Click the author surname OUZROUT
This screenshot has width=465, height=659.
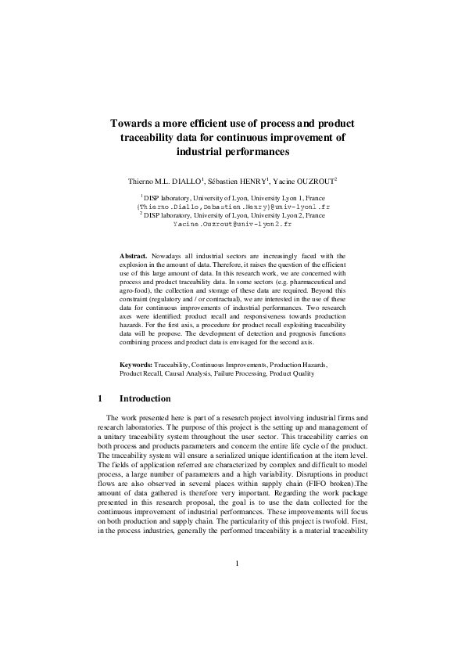(x=313, y=180)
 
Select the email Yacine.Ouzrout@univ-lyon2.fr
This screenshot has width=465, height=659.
(x=232, y=223)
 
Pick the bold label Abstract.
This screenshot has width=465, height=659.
(x=134, y=256)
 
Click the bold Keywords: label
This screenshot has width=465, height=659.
(x=136, y=366)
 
